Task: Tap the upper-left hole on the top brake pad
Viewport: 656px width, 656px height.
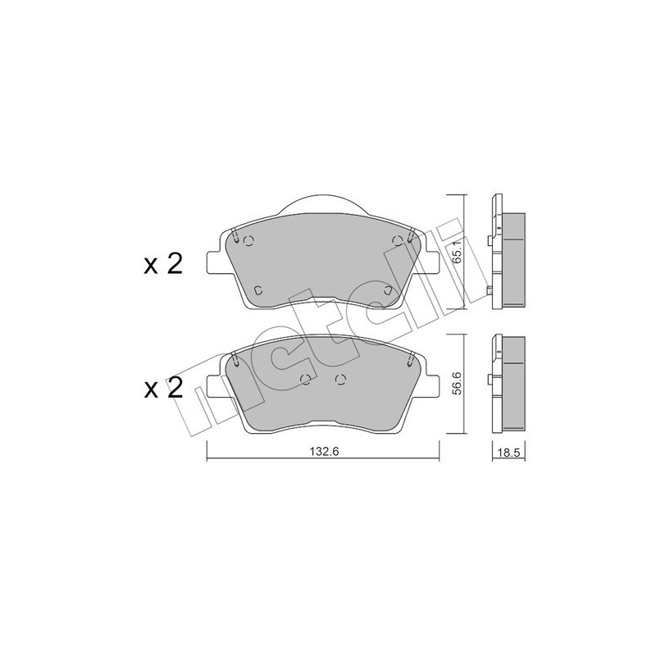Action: (251, 241)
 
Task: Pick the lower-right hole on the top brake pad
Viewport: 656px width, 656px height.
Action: (389, 289)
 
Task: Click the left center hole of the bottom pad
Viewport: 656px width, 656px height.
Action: (306, 378)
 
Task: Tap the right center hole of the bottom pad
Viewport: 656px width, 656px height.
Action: (341, 378)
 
